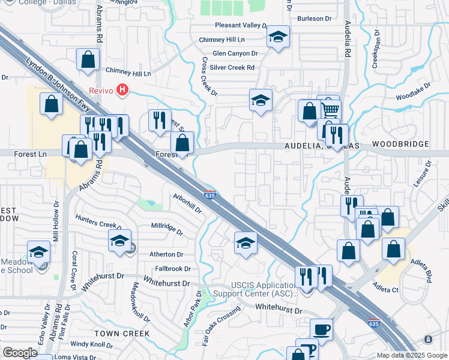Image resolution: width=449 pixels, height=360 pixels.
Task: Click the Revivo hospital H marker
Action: click(x=123, y=90)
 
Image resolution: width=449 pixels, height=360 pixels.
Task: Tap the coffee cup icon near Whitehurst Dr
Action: click(x=321, y=330)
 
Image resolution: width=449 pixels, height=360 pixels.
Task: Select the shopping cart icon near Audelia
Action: click(x=329, y=110)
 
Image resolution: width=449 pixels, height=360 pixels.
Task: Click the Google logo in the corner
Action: click(x=20, y=353)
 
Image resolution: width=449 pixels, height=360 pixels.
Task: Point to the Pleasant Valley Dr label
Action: click(x=241, y=26)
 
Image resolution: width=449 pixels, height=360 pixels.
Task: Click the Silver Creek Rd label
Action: click(x=234, y=68)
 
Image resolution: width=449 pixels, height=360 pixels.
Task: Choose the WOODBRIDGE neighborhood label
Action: click(x=400, y=145)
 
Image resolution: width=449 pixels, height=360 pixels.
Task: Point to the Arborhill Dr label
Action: click(x=186, y=203)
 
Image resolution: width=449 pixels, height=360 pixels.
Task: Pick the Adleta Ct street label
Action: click(x=387, y=289)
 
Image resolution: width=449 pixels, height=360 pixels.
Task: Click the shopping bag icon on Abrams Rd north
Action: click(x=88, y=60)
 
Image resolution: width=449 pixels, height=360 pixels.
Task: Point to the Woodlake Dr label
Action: click(x=414, y=93)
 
